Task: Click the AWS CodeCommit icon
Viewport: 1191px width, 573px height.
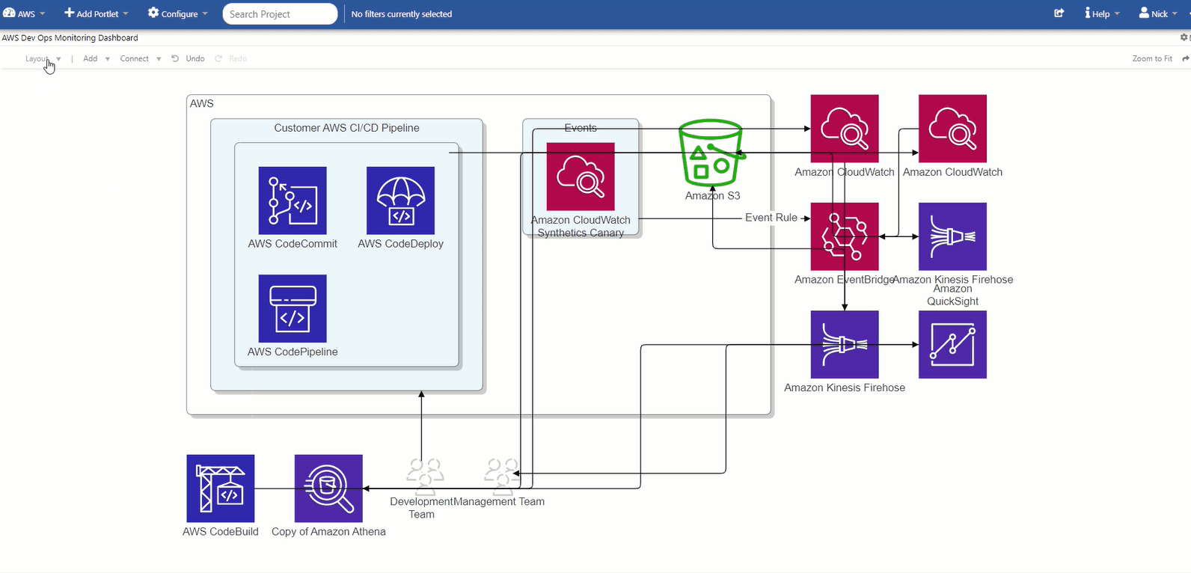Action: click(293, 200)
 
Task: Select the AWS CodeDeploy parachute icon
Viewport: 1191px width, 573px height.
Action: click(400, 200)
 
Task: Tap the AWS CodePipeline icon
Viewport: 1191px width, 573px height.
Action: click(293, 308)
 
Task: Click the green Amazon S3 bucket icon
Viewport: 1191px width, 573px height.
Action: click(710, 154)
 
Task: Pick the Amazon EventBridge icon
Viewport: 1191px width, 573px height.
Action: click(845, 236)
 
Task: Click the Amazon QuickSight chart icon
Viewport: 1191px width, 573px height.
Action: click(952, 345)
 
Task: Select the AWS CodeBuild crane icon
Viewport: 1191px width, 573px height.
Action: click(221, 488)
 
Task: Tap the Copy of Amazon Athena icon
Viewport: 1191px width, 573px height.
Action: click(328, 488)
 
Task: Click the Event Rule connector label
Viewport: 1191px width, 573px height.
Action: click(771, 218)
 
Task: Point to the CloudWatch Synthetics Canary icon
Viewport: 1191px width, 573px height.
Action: click(581, 177)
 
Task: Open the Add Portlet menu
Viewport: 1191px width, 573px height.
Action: click(96, 13)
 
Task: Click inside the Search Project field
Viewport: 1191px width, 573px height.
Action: click(279, 14)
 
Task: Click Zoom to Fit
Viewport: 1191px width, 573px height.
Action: click(1152, 58)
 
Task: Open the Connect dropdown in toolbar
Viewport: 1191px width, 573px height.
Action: click(140, 58)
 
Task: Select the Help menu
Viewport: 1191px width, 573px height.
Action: click(1101, 13)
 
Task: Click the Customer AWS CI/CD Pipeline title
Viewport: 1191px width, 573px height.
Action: click(346, 128)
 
